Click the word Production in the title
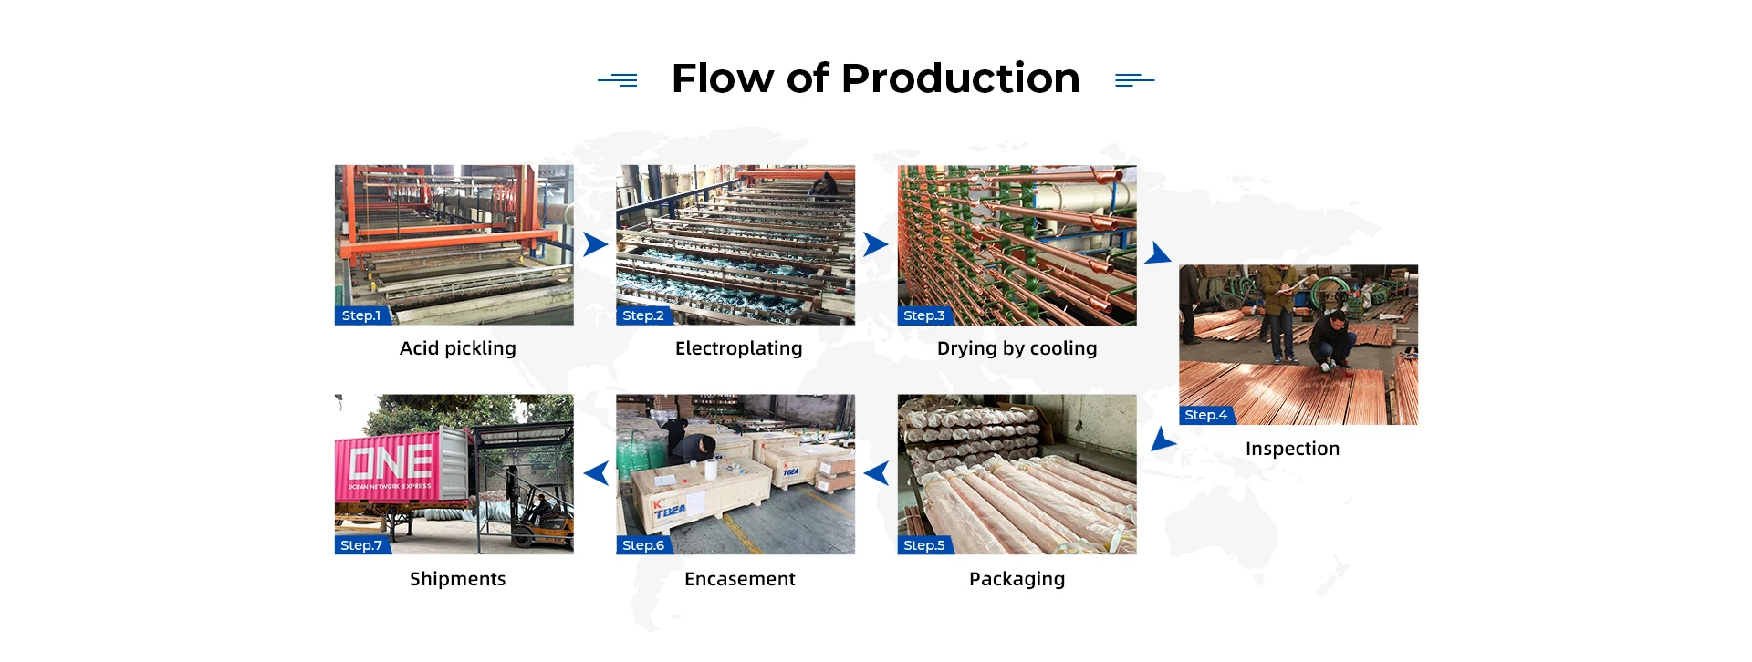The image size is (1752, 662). [960, 78]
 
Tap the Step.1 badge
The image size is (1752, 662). [361, 315]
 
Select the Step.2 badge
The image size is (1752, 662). [643, 315]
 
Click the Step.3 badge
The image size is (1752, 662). [924, 315]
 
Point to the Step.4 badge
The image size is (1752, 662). [1205, 415]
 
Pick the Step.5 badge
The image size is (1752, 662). [924, 545]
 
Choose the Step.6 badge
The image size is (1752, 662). [643, 545]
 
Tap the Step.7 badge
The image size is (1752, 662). [361, 545]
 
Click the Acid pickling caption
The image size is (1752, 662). [457, 348]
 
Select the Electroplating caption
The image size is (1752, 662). [738, 348]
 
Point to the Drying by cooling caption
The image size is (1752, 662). [1017, 348]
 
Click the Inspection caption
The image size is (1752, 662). [1292, 449]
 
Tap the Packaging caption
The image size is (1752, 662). [1017, 579]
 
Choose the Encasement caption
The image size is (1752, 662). [739, 579]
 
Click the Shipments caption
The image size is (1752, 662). [457, 579]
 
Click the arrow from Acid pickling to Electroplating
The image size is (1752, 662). [595, 244]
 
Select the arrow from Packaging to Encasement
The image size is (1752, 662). [877, 473]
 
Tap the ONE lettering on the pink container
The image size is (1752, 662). [391, 461]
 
